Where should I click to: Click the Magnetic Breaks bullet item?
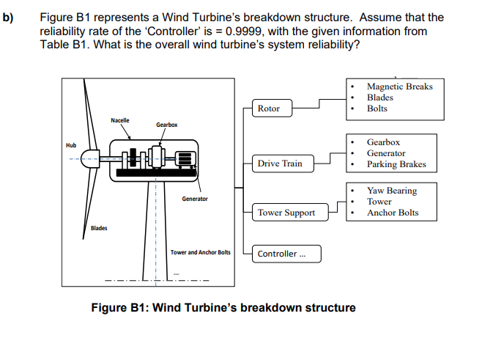[399, 87]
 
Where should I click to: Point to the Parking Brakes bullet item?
[396, 164]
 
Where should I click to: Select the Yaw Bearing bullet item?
[391, 191]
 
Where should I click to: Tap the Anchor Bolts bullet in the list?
[393, 213]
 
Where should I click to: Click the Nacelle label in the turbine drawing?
[120, 120]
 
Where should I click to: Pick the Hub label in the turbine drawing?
[71, 144]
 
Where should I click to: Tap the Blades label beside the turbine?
[99, 228]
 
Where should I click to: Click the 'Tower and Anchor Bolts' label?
[200, 252]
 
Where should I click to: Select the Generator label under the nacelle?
[195, 199]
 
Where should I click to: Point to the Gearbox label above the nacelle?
[166, 125]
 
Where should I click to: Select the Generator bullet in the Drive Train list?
[385, 153]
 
